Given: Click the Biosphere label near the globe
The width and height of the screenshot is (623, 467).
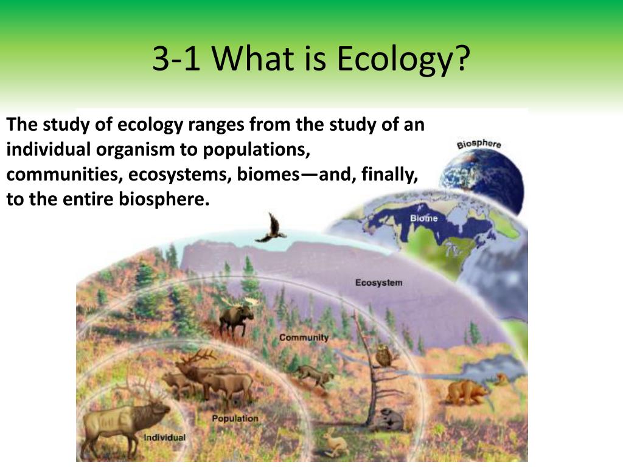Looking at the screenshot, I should point(479,144).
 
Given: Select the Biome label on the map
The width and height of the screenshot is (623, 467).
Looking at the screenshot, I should point(423,218).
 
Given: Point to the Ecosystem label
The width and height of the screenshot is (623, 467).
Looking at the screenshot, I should point(378,282).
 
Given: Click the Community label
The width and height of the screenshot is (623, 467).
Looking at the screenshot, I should point(304,337).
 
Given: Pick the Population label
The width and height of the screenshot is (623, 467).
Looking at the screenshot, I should point(235,418).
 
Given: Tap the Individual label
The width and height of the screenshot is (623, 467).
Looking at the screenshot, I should point(164,437).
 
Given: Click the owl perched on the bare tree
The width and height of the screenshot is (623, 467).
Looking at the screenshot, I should point(383,355).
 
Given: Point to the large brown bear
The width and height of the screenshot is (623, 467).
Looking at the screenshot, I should point(465,392).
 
